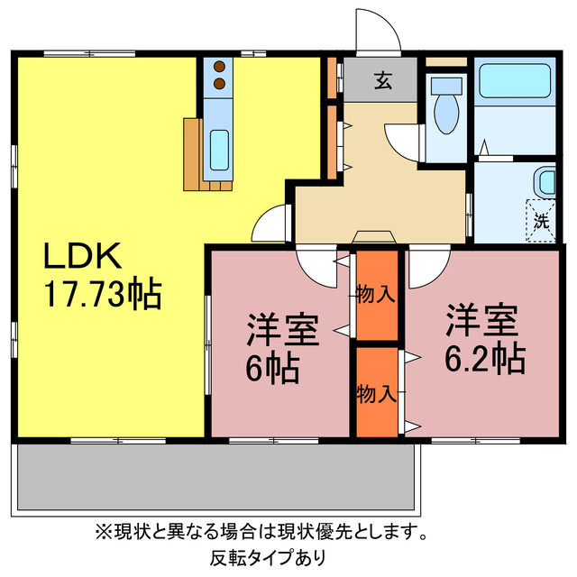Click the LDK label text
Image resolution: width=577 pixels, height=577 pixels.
click(x=83, y=258)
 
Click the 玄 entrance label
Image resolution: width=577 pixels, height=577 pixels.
click(x=383, y=82)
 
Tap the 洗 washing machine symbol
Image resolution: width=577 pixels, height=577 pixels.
click(x=541, y=219)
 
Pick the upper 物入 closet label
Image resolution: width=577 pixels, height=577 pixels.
click(x=375, y=293)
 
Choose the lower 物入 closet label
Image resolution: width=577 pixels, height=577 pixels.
click(x=375, y=394)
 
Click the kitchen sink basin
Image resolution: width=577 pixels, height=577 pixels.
click(x=219, y=149)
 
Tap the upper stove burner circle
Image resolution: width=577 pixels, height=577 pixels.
click(x=219, y=66)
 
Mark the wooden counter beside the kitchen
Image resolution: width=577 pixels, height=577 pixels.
click(x=194, y=154)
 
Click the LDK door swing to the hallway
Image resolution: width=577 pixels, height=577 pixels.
click(x=271, y=224)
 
